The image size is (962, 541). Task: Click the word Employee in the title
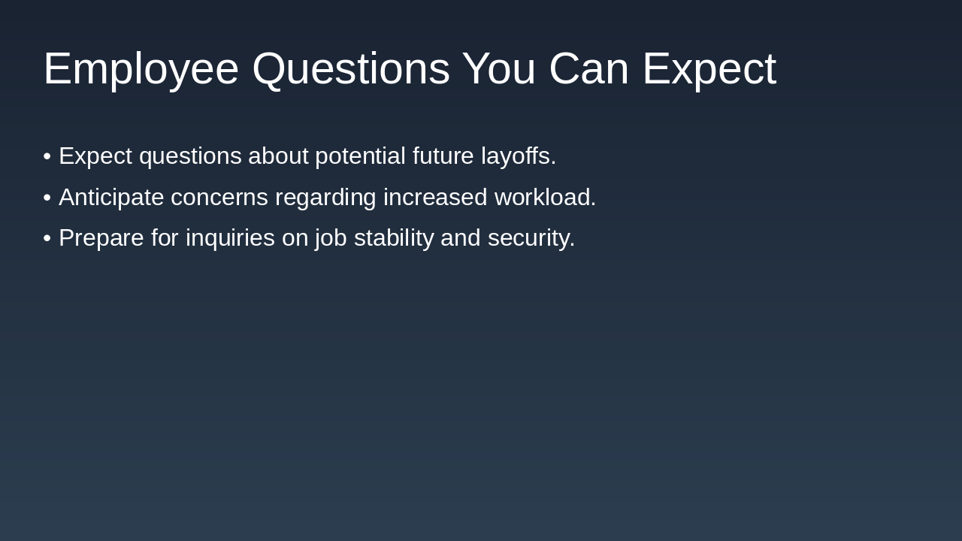(141, 69)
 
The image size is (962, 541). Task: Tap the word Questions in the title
(350, 69)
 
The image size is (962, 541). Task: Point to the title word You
(498, 69)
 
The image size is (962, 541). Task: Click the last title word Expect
(709, 69)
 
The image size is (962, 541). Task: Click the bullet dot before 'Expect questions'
(47, 156)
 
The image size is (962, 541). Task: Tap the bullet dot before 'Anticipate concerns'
(47, 198)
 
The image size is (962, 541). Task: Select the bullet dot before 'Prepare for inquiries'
(47, 238)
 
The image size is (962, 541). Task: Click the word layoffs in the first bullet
(518, 156)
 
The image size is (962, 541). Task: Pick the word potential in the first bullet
(360, 156)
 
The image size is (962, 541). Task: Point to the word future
(443, 156)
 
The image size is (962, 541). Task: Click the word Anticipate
(111, 198)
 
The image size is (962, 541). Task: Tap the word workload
(545, 198)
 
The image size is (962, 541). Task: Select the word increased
(435, 198)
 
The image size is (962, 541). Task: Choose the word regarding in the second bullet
(325, 198)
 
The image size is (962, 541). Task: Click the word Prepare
(101, 238)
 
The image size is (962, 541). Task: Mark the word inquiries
(230, 238)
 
